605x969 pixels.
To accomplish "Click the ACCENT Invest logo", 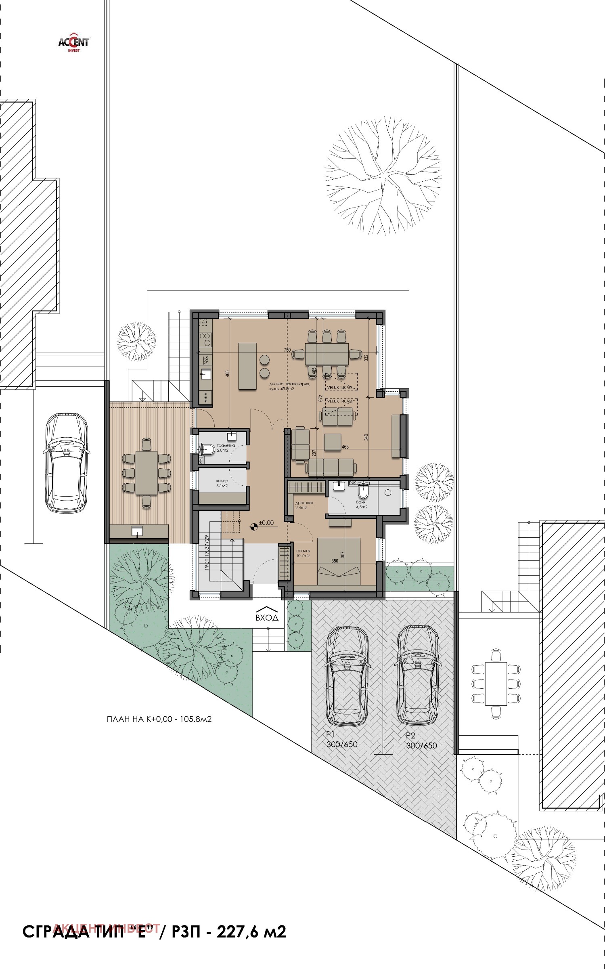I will pyautogui.click(x=74, y=42).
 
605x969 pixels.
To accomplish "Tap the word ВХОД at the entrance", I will pyautogui.click(x=267, y=618).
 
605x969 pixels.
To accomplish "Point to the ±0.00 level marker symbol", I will pyautogui.click(x=253, y=525).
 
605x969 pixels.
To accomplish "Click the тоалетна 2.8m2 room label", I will pyautogui.click(x=222, y=447).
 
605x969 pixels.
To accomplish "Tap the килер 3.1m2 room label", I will pyautogui.click(x=222, y=483).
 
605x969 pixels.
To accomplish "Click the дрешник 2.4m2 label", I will pyautogui.click(x=304, y=505).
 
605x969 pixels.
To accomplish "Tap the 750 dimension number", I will pyautogui.click(x=287, y=350).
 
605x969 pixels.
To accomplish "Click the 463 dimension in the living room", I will pyautogui.click(x=345, y=447).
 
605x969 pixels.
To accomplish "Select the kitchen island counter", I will pyautogui.click(x=247, y=366).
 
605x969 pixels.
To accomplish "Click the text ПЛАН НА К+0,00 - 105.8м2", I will pyautogui.click(x=159, y=719).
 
